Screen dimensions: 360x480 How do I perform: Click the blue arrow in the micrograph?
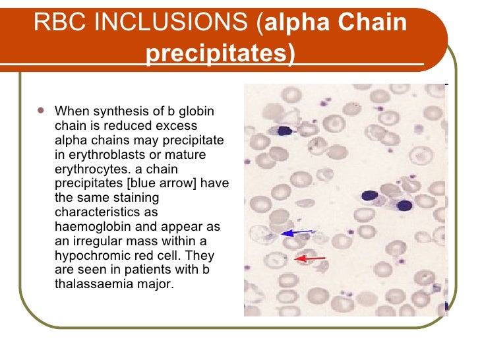(297, 232)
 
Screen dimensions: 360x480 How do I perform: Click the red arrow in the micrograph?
(309, 259)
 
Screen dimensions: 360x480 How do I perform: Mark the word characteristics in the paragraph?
(88, 212)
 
